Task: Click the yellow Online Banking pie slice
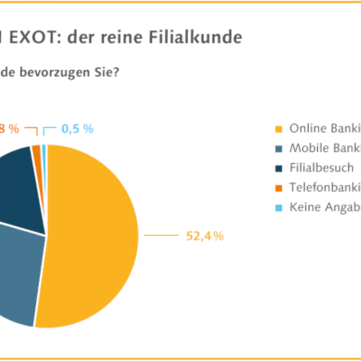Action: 90,235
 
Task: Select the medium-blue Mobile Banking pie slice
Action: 18,271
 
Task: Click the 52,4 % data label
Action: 205,236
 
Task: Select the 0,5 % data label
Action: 77,129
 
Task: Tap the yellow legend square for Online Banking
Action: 278,130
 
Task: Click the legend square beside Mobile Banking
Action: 278,149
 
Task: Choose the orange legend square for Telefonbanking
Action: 278,188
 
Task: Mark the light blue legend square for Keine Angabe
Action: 278,208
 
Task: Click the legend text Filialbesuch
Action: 322,168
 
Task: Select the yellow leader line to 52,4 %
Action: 161,235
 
